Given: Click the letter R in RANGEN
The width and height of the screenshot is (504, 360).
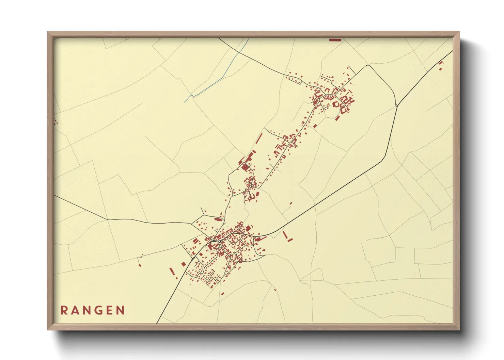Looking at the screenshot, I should (64, 310).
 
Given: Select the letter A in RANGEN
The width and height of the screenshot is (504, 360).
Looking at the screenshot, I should (75, 310).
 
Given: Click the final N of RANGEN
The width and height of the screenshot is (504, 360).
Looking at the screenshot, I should (120, 310).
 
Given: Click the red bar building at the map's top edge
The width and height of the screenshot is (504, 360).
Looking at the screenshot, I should (335, 40).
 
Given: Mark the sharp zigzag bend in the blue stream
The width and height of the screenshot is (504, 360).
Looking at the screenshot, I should (192, 95).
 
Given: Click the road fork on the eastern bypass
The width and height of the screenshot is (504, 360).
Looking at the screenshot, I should (397, 106).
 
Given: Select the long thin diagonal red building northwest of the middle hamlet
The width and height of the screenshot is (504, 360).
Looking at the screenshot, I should (259, 138).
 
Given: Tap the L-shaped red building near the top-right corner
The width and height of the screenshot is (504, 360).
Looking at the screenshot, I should (441, 63).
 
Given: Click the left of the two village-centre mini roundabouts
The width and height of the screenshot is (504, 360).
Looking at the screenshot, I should (212, 241).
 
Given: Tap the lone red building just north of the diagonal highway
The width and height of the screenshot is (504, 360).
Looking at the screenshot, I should (291, 203).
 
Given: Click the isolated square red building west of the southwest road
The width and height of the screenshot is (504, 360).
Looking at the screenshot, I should (184, 264).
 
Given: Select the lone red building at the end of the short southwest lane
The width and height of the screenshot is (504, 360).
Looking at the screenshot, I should (140, 265).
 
